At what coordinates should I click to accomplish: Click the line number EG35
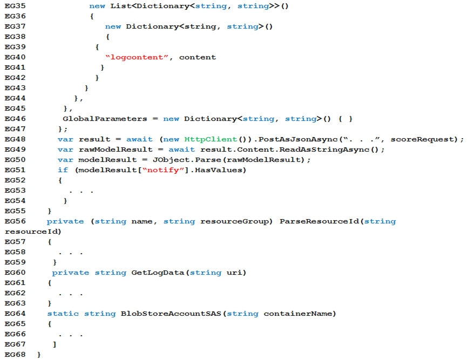(x=15, y=6)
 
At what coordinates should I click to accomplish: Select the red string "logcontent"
(x=137, y=57)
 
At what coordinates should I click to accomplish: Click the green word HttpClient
(x=211, y=139)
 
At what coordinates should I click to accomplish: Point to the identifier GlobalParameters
(x=105, y=119)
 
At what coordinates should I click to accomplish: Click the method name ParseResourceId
(x=319, y=221)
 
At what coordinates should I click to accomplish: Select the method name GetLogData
(x=158, y=273)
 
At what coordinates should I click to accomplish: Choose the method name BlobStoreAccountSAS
(x=171, y=314)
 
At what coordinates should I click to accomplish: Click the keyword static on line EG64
(x=63, y=314)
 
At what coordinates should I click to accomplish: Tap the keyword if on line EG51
(x=63, y=170)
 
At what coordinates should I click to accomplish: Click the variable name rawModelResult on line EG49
(x=116, y=150)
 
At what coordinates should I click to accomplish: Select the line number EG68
(x=15, y=355)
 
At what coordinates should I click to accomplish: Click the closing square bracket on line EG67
(x=55, y=344)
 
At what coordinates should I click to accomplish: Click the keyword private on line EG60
(x=70, y=273)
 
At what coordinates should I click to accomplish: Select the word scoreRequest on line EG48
(x=422, y=139)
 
